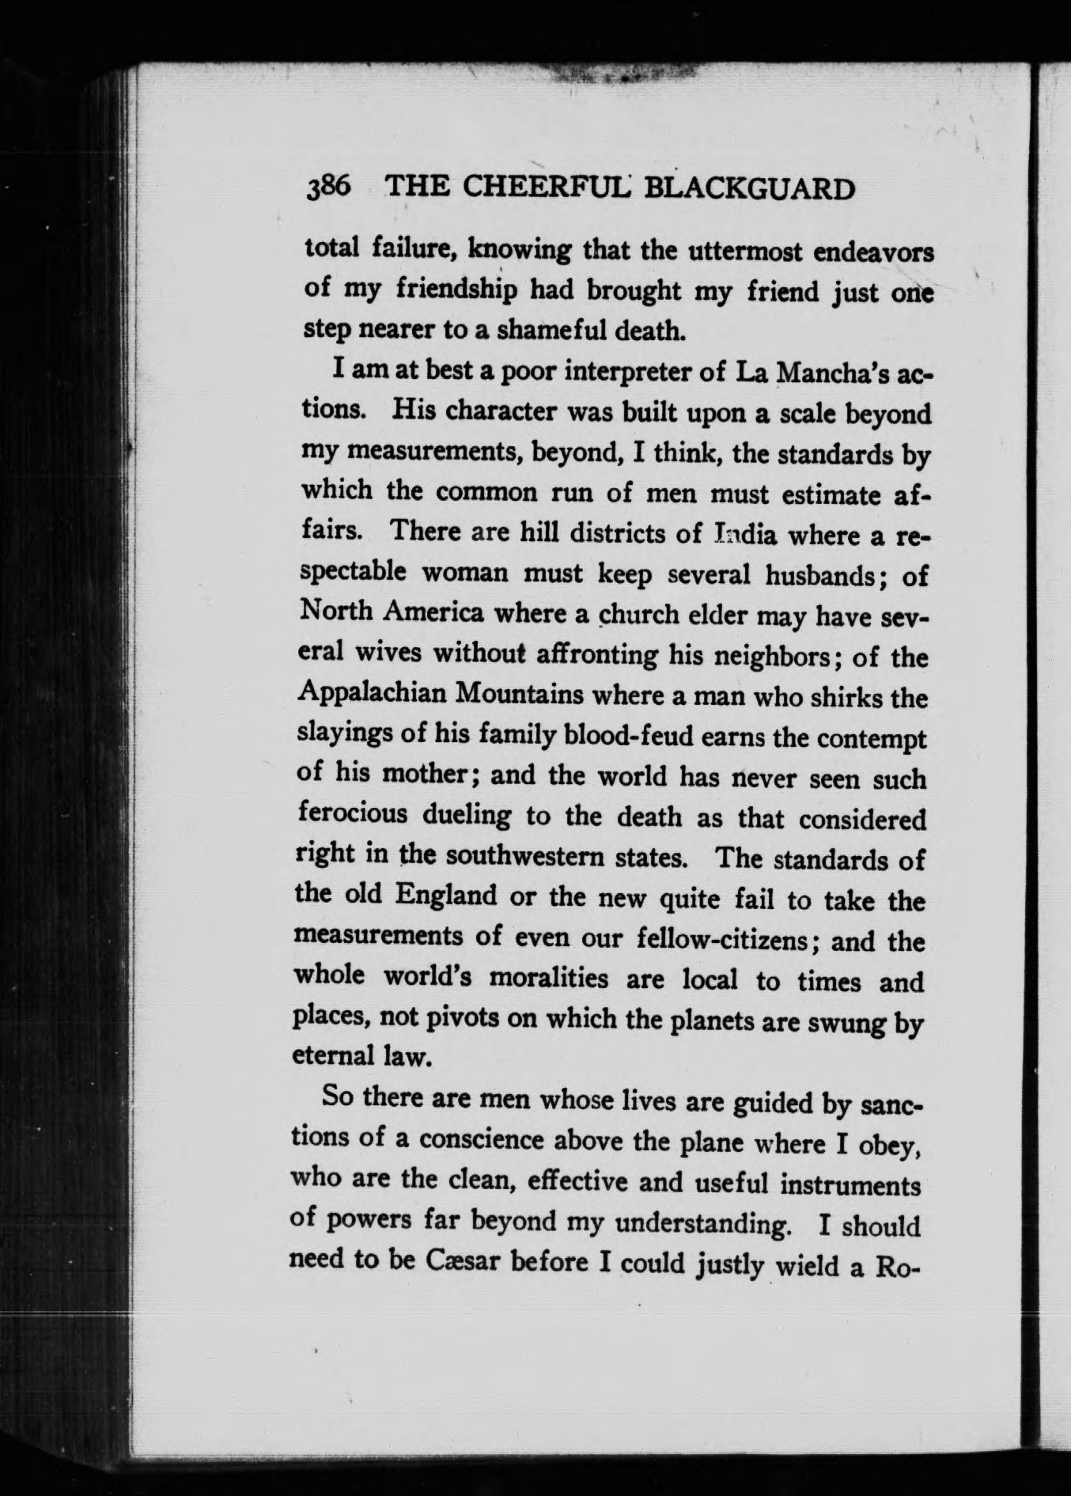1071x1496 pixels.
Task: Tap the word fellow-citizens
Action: tap(721, 939)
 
